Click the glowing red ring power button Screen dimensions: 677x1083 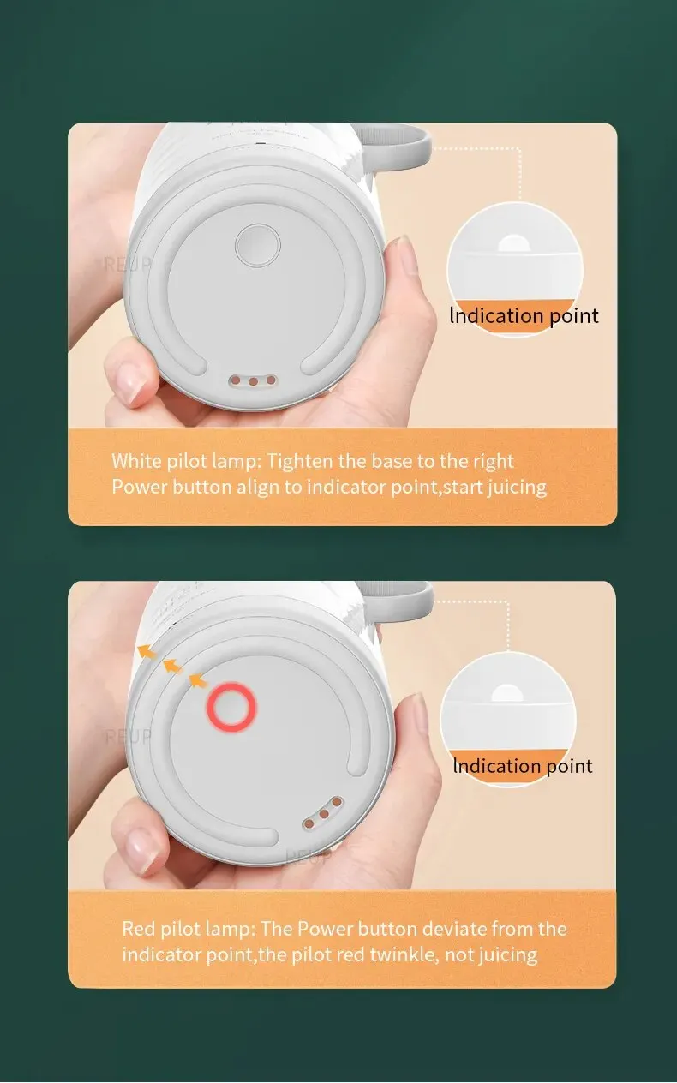231,706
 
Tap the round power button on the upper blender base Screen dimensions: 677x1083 258,245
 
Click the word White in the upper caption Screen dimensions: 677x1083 136,461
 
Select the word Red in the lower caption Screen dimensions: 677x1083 139,929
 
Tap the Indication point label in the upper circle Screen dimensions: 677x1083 524,315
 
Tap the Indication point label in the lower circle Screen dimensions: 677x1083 523,766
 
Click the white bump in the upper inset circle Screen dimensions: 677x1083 513,244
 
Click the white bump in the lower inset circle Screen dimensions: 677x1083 507,694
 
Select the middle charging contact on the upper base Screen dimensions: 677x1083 253,381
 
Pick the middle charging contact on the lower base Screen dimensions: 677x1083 324,814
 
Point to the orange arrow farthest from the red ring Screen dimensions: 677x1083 147,652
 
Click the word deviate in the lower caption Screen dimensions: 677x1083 452,929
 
